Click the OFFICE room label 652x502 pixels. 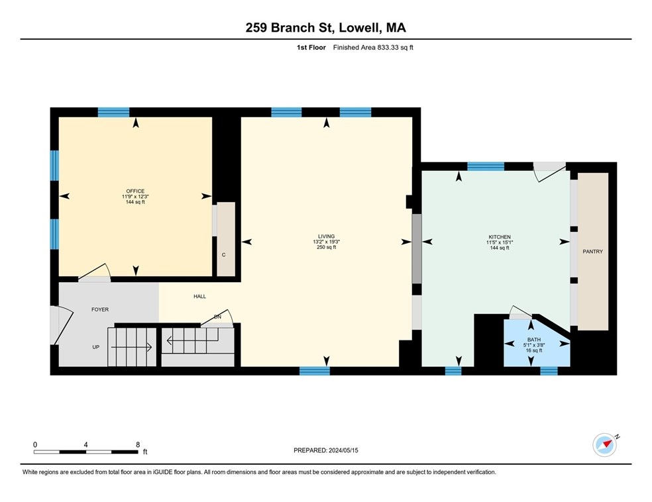[135, 191]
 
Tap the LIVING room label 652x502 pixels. [326, 236]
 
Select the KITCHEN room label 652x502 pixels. [500, 237]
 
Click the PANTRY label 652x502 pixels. [592, 252]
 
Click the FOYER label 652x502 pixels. [100, 309]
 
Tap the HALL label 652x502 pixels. [199, 297]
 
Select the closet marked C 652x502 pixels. [224, 255]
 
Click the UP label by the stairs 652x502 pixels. [95, 347]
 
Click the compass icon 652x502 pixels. [605, 445]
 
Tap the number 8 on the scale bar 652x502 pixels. [137, 444]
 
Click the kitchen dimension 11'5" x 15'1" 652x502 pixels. [500, 242]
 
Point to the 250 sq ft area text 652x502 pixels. [326, 248]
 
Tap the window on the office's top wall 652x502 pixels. [113, 112]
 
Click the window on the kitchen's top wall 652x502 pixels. [486, 166]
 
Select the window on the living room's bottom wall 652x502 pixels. [315, 371]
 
